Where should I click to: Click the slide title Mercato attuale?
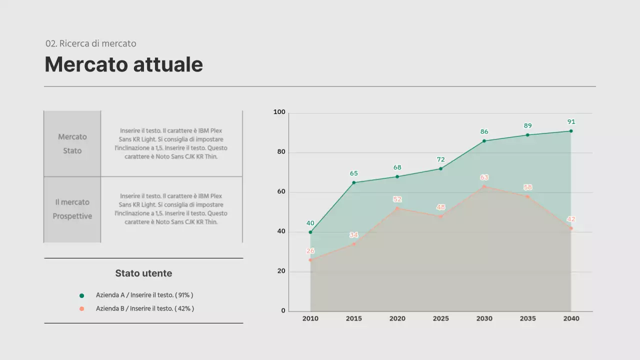123,64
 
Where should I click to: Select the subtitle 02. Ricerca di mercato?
90,43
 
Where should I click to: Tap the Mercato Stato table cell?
72,143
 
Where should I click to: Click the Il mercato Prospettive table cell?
72,209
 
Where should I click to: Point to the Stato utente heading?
143,273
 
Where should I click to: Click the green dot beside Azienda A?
82,295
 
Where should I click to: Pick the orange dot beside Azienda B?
82,309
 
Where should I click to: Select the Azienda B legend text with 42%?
145,309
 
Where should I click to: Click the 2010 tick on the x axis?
310,318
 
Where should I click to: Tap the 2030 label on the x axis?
484,318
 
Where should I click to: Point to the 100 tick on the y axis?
279,112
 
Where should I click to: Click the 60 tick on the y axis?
281,191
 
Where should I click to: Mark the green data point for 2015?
354,182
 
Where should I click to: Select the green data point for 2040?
571,131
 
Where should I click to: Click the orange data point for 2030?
484,186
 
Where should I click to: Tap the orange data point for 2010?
310,260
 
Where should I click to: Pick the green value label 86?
484,132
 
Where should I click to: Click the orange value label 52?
397,199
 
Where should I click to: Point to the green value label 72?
440,159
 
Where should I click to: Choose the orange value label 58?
527,187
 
